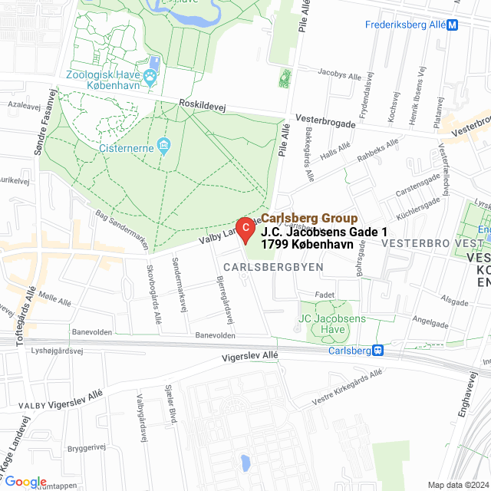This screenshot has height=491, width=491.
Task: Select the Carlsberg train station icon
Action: (x=377, y=351)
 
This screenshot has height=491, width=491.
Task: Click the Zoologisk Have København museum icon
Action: (x=150, y=77)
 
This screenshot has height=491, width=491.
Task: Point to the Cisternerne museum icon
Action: (x=163, y=146)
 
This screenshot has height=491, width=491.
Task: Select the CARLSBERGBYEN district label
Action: (x=273, y=266)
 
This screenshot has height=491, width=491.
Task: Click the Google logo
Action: (x=25, y=481)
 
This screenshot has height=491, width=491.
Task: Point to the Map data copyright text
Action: (x=456, y=484)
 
